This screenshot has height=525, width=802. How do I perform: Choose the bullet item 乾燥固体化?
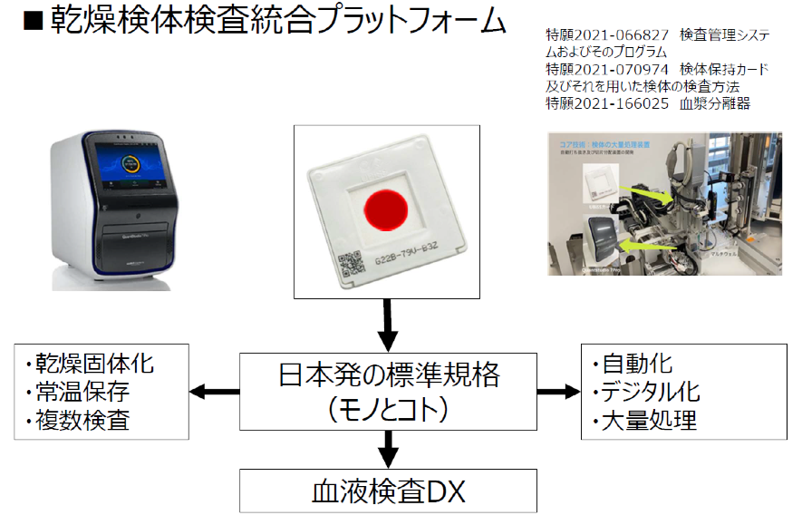pos(94,365)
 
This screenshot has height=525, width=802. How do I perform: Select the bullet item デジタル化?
pos(644,393)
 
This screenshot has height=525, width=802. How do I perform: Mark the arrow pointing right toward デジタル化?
pos(558,392)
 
